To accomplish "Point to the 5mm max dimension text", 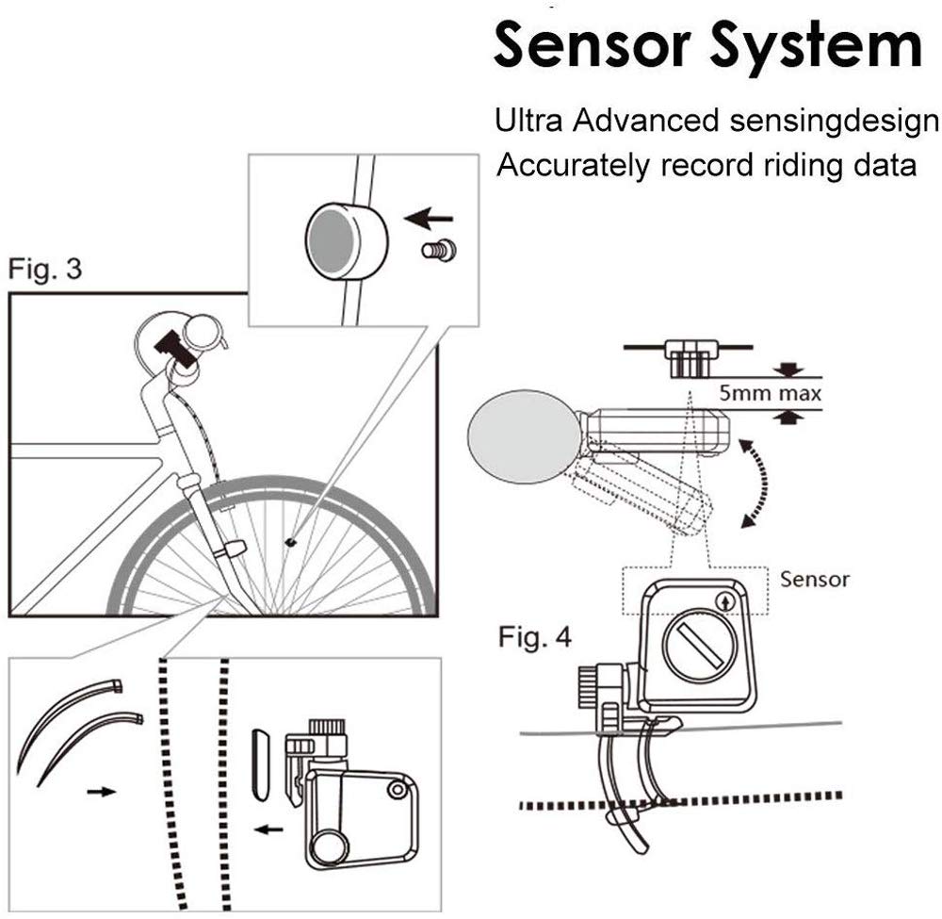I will point(771,392).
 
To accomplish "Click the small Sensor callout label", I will point(814,578).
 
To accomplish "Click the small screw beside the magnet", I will point(437,251).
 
